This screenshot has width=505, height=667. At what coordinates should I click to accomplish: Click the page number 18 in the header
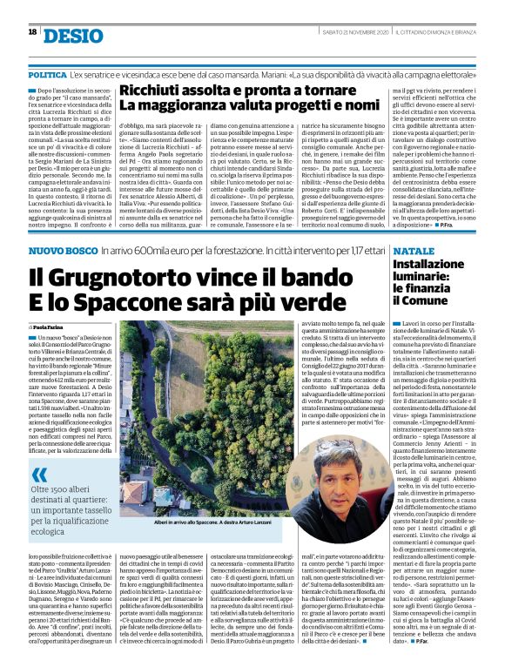pos(32,32)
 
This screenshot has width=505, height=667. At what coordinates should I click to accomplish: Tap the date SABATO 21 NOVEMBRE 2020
pos(345,32)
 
